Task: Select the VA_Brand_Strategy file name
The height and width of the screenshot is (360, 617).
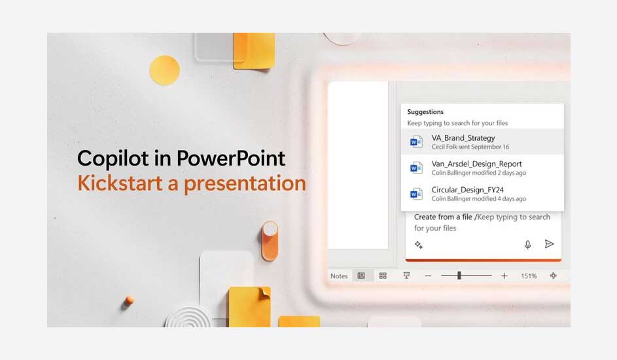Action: [x=463, y=138]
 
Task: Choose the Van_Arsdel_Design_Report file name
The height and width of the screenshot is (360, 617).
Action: [x=477, y=164]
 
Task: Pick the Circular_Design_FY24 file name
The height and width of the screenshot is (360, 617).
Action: [x=468, y=190]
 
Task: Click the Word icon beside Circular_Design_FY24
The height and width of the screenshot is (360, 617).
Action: [x=416, y=194]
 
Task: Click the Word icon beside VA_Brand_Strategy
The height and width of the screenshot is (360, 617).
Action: [x=416, y=142]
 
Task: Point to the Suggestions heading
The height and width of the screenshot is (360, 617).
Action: [x=425, y=112]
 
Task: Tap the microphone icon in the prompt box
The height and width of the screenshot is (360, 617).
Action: [x=527, y=244]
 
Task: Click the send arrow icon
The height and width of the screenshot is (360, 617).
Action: [x=549, y=244]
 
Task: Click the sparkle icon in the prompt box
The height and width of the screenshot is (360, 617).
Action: [x=419, y=245]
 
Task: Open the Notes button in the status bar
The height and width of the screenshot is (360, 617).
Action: [x=339, y=276]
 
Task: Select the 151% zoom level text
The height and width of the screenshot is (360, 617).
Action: [x=529, y=276]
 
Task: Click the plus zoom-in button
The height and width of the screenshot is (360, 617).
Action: [x=504, y=276]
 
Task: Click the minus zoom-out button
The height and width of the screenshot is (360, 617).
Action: [x=428, y=276]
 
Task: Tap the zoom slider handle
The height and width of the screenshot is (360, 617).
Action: [x=459, y=276]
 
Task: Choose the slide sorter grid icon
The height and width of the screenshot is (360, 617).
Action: [x=383, y=276]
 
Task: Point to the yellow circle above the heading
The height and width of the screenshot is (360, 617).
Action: [x=164, y=70]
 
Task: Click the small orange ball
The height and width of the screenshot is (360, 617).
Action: [x=129, y=300]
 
